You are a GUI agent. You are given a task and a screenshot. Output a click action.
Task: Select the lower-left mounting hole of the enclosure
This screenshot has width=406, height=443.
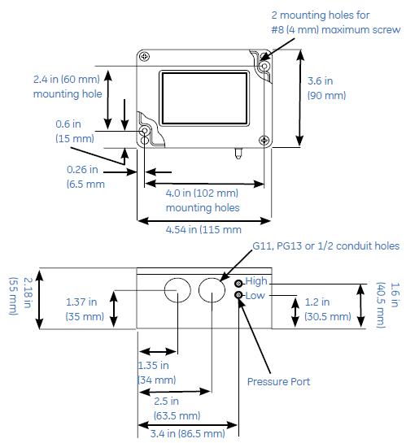coord(145,132)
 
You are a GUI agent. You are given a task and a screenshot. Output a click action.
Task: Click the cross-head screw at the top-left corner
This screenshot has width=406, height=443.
coord(144,56)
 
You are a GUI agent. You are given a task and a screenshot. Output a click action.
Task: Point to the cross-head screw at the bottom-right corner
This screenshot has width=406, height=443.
coord(264,139)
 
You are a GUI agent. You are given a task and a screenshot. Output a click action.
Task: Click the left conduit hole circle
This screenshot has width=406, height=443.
coord(177,290)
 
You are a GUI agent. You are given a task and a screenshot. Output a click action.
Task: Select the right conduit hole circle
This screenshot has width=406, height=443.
coord(212,290)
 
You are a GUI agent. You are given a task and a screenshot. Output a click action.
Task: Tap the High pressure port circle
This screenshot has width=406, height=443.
coord(239,283)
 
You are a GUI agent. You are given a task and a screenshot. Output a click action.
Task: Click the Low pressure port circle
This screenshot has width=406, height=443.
coord(239,297)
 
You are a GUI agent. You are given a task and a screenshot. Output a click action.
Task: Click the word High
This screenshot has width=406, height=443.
coord(256,281)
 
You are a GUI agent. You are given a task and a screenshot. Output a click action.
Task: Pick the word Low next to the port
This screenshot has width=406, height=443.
coord(255,296)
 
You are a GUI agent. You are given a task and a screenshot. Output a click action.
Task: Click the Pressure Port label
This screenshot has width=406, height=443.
coord(278,380)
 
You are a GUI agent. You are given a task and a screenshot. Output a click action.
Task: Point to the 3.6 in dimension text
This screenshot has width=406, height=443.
coord(323,81)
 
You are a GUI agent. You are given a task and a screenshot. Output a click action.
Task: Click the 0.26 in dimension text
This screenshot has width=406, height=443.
coord(82,170)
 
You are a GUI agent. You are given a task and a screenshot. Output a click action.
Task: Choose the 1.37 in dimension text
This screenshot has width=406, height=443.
coord(81,302)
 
